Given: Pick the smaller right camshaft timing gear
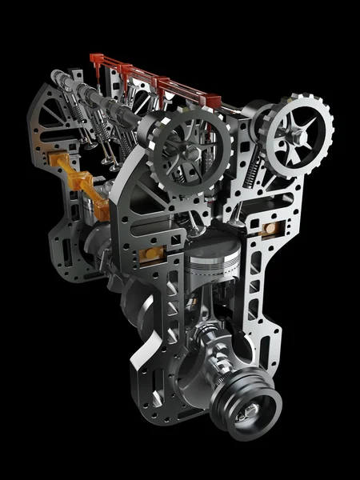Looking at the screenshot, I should tap(298, 134).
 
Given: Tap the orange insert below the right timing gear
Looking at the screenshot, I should tap(270, 228).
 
